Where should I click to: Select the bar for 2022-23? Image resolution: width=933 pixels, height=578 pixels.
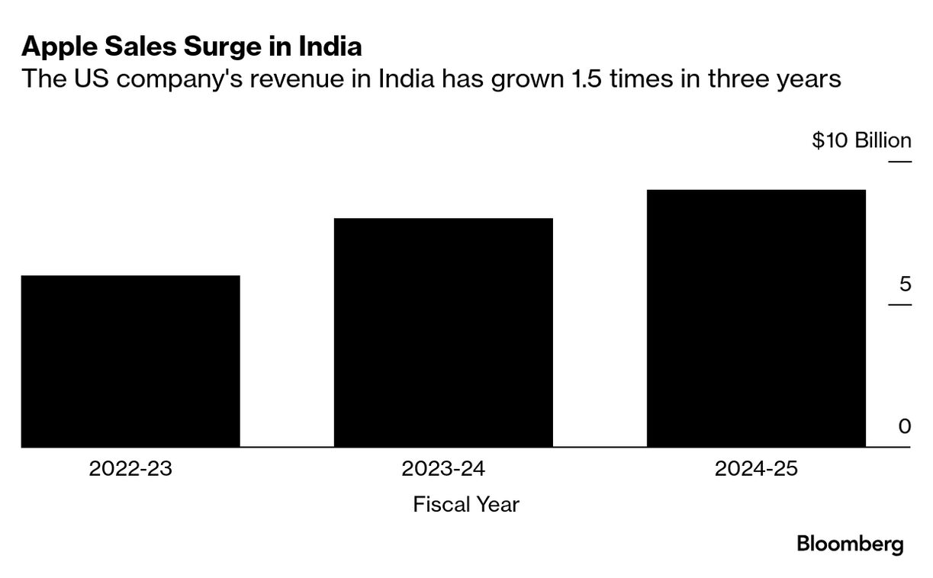tap(130, 361)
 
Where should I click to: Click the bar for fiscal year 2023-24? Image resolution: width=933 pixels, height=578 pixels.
tap(443, 332)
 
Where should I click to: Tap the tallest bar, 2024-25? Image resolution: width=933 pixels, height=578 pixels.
tap(756, 318)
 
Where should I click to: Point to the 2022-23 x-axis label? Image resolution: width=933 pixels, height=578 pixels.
tap(130, 468)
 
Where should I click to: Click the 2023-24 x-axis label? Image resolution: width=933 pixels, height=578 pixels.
tap(443, 468)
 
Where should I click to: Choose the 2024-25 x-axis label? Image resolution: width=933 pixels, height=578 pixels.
tap(756, 468)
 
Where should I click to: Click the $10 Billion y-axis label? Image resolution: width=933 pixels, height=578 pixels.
tap(861, 141)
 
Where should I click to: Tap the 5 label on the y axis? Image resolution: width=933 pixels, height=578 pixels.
tap(905, 284)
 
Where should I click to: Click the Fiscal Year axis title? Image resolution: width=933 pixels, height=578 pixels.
tap(466, 504)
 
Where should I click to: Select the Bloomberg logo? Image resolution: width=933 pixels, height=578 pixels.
tap(850, 544)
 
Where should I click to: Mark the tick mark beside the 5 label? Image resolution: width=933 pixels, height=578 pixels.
tap(899, 305)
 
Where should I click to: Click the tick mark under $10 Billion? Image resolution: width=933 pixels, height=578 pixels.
tap(899, 162)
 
